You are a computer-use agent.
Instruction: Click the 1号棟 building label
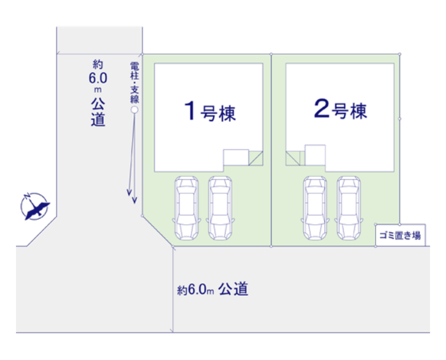tap(209, 112)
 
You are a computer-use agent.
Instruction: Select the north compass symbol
tap(34, 207)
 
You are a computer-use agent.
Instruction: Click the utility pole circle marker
tap(134, 110)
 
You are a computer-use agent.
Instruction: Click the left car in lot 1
tap(185, 207)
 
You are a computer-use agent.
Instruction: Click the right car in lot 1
tap(219, 207)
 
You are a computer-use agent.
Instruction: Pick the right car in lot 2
tap(348, 207)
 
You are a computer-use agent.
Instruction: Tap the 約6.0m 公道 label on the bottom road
tap(213, 289)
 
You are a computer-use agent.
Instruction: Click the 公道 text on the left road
tap(99, 112)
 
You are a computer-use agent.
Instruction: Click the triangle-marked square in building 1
tap(256, 157)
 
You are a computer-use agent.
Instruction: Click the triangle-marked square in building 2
tap(294, 158)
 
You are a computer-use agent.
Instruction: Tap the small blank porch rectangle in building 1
tap(236, 157)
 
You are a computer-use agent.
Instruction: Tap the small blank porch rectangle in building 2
tap(315, 155)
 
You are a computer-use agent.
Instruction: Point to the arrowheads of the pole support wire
tap(131, 195)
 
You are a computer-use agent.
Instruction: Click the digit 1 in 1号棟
tap(190, 112)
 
